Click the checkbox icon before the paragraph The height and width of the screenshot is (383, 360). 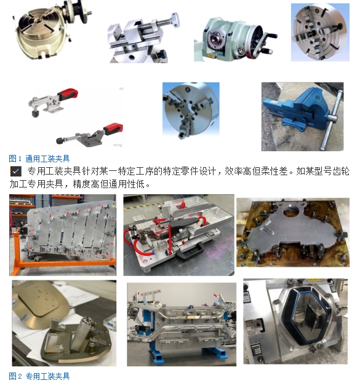pyautogui.click(x=15, y=172)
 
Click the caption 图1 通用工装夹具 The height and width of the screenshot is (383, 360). pyautogui.click(x=39, y=159)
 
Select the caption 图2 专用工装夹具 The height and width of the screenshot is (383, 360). pyautogui.click(x=39, y=376)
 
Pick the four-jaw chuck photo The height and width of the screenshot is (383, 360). pyautogui.click(x=320, y=32)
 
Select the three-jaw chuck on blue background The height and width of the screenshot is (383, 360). pyautogui.click(x=191, y=110)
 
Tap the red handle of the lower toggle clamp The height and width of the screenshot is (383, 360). pyautogui.click(x=113, y=129)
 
